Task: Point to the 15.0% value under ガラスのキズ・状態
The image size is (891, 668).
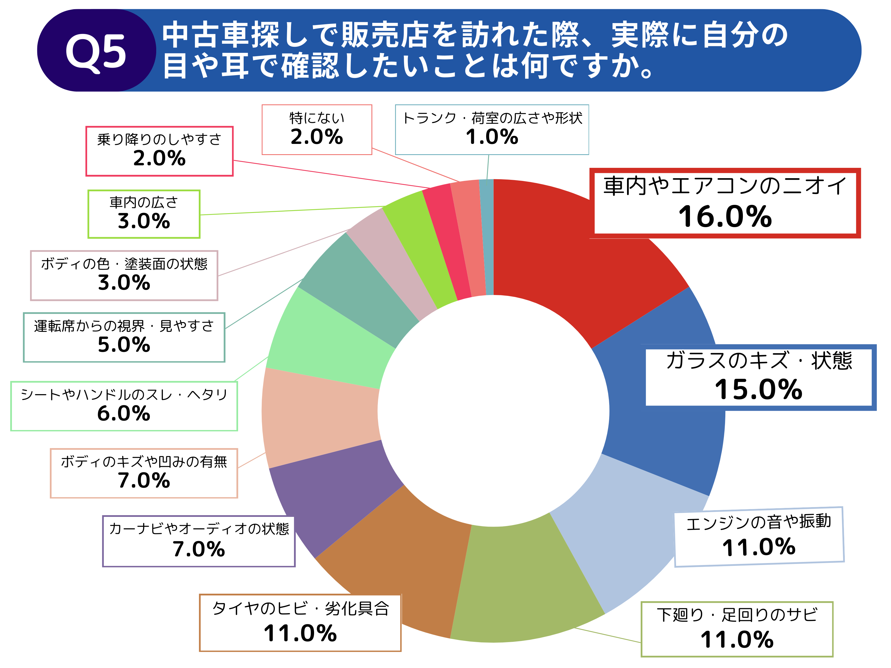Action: click(758, 389)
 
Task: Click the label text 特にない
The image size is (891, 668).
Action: click(317, 118)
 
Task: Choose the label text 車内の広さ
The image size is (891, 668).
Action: click(144, 202)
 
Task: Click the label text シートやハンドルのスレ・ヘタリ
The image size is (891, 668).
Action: click(124, 395)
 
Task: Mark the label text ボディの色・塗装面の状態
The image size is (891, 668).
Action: click(124, 264)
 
